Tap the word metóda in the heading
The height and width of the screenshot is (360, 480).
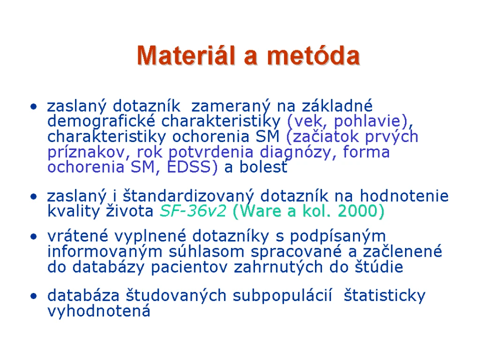(x=314, y=55)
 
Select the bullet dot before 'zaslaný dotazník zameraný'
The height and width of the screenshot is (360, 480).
(x=33, y=107)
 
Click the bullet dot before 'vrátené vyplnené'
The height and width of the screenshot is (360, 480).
(x=33, y=237)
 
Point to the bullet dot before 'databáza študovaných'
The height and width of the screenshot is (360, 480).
(x=33, y=296)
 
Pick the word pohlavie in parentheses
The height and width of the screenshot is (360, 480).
(x=367, y=121)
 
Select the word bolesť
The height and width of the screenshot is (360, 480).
(x=263, y=167)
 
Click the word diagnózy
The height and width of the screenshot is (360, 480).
(x=296, y=153)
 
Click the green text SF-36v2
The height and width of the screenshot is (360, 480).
(x=193, y=211)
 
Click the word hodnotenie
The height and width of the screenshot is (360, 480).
(x=404, y=196)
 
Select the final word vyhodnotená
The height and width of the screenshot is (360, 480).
(x=99, y=311)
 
